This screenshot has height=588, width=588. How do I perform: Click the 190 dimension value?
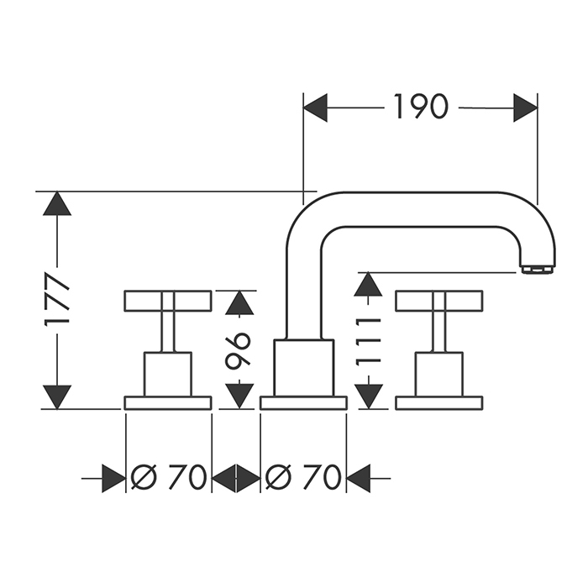420,107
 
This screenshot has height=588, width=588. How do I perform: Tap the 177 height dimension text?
57,300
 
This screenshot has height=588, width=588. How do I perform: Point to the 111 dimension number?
363,340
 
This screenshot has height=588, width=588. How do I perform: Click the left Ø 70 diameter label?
169,478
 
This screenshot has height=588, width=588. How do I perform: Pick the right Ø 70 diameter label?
303,478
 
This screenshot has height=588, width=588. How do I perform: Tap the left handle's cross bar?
168,301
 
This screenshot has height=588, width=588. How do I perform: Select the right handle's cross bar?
438,301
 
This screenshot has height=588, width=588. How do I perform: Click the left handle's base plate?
168,402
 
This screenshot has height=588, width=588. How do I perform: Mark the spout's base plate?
303,402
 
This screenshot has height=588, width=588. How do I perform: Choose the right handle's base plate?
438,402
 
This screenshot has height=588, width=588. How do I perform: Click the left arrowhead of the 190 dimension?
315,108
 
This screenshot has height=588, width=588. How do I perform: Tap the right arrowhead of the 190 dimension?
525,108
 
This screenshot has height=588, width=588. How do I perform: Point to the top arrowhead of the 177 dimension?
57,204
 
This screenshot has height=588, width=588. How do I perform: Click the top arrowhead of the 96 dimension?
239,302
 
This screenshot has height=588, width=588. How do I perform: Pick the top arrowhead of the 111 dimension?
363,285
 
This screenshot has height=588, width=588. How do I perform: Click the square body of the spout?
304,367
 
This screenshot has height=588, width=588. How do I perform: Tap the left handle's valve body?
168,373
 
